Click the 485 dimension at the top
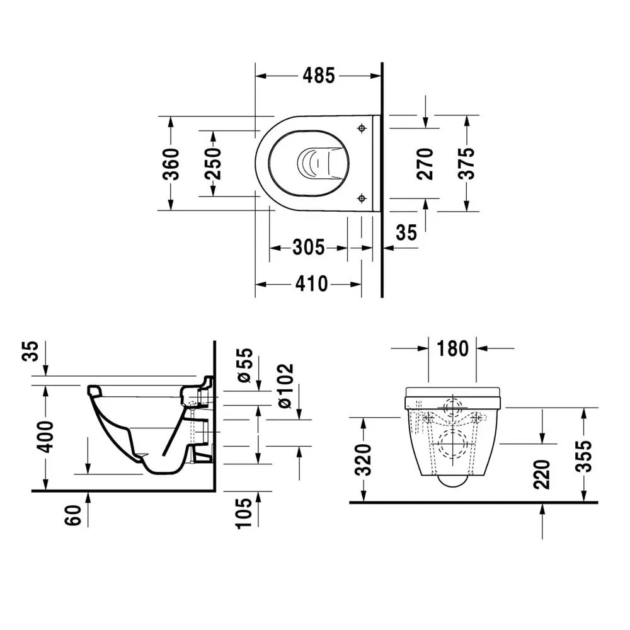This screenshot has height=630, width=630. [x=318, y=76]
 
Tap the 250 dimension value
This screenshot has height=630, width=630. [x=214, y=164]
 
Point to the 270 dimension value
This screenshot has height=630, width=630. [x=427, y=163]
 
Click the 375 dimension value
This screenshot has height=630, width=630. [x=466, y=163]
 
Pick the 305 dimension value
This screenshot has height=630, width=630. [x=308, y=248]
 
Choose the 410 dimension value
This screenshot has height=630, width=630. [x=311, y=285]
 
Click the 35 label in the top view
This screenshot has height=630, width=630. [x=406, y=232]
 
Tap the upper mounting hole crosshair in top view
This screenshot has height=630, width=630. [x=361, y=129]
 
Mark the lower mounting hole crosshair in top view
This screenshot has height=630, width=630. [x=361, y=198]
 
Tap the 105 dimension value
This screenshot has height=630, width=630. [x=244, y=512]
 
